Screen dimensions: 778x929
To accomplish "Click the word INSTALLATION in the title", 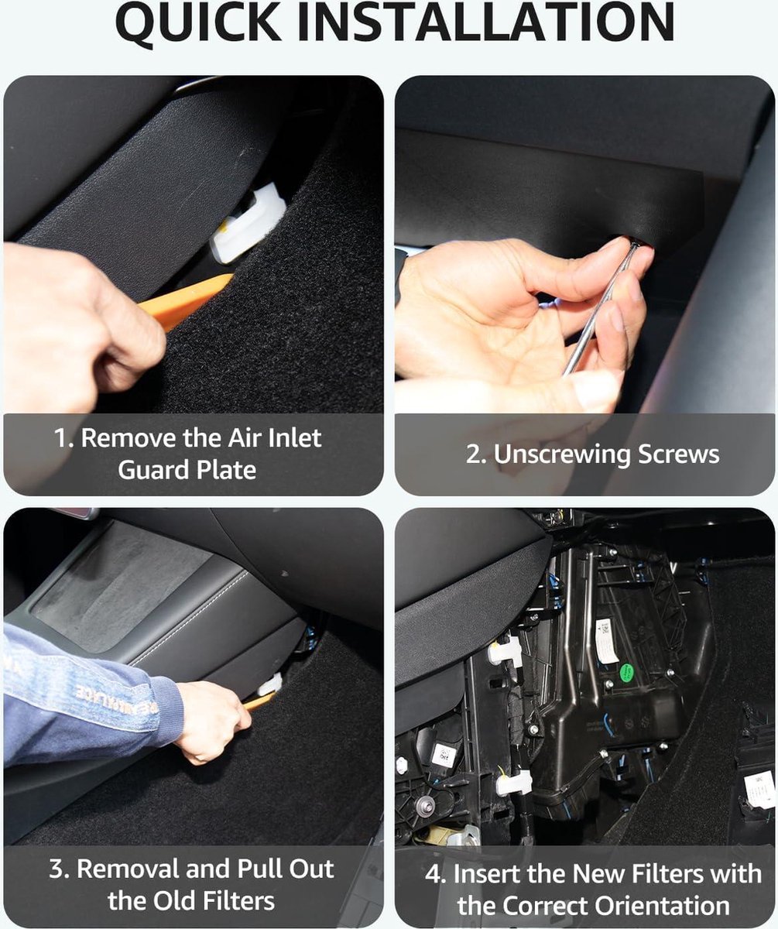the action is tap(485, 22).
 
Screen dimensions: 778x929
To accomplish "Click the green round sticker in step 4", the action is tap(626, 674).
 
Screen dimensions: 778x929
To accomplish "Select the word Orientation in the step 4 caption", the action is tap(662, 905).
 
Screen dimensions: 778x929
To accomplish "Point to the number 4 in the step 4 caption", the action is tap(433, 873).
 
